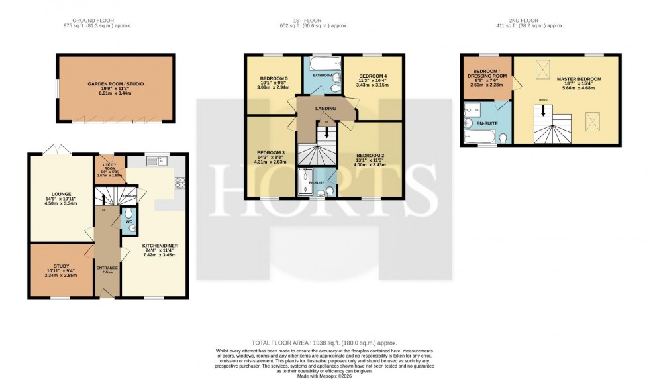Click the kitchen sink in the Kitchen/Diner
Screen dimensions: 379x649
coord(158,161)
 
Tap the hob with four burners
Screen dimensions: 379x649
coord(179,183)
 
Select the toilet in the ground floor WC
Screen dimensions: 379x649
coord(132,227)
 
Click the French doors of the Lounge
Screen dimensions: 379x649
coord(58,150)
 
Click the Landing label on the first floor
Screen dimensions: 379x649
coord(326,109)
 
